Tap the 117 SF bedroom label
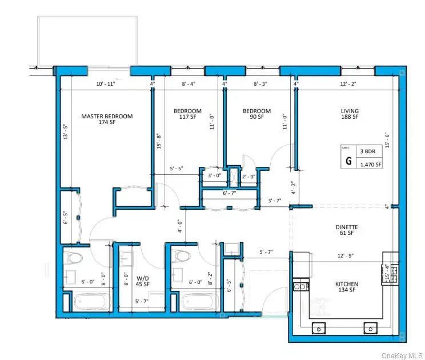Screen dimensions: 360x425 point(188,114)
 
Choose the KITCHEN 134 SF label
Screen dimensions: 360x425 point(347,288)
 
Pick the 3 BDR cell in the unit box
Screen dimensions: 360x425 point(370,152)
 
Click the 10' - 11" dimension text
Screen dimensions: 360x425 point(106,85)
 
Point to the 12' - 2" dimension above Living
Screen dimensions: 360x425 point(348,85)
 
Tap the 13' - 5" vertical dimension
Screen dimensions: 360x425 point(65,133)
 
